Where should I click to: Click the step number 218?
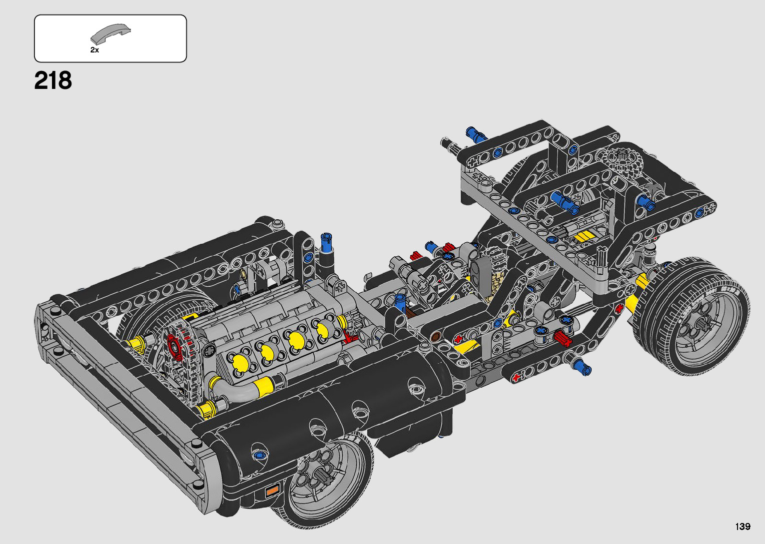pyautogui.click(x=53, y=80)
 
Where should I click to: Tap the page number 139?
pyautogui.click(x=743, y=526)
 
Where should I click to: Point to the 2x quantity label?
pyautogui.click(x=94, y=50)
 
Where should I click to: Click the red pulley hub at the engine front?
pyautogui.click(x=174, y=347)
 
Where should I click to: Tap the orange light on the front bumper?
pyautogui.click(x=272, y=491)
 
